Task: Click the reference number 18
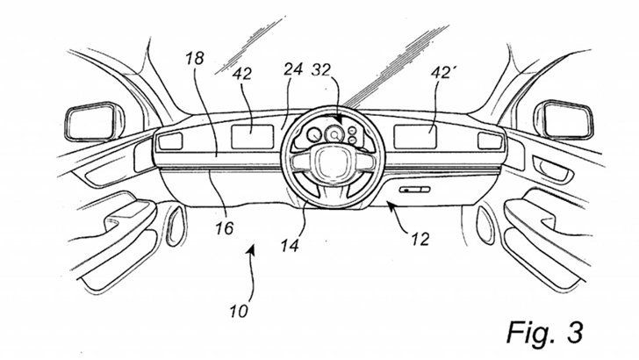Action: (195, 59)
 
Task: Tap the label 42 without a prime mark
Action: (242, 75)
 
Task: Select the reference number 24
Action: (293, 69)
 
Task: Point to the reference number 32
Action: (320, 70)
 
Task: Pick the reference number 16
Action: (225, 228)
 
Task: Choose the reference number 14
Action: (290, 246)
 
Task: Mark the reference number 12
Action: (420, 240)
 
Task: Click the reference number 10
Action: (239, 312)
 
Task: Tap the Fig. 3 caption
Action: (545, 331)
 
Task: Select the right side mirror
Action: (564, 119)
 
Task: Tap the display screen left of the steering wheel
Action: (252, 137)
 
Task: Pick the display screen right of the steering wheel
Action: (415, 137)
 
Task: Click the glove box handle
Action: (414, 190)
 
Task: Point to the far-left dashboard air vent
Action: (170, 141)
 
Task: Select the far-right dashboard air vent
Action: (490, 141)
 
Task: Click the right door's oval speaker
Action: (485, 226)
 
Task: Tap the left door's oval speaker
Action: (176, 226)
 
